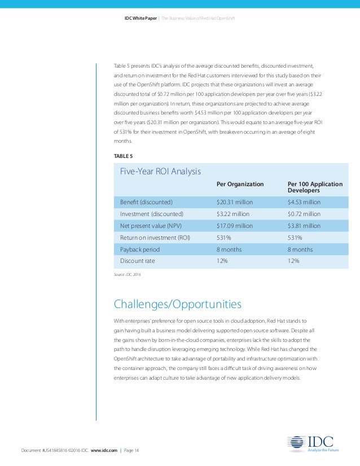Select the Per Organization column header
240,184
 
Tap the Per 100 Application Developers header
315,187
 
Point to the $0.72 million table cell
304,214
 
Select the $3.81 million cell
304,226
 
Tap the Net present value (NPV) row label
151,226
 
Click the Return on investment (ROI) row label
155,238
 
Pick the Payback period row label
140,249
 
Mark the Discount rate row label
137,261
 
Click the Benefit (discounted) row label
146,202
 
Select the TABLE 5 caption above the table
123,155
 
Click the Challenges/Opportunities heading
178,305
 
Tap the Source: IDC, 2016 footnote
128,274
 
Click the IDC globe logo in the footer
296,445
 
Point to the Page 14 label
131,450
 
